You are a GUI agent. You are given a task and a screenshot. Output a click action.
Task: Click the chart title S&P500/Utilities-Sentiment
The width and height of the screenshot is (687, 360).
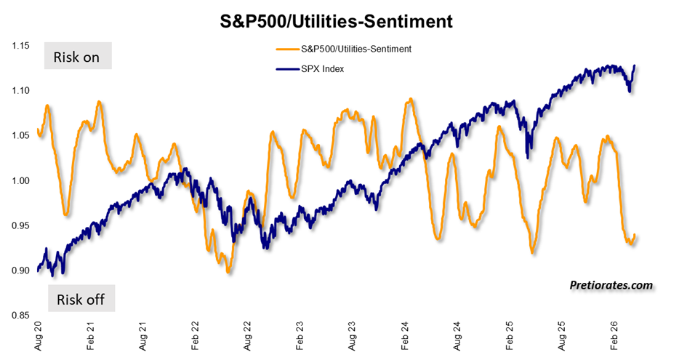point(337,22)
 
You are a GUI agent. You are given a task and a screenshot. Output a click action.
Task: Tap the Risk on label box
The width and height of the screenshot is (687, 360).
point(76,57)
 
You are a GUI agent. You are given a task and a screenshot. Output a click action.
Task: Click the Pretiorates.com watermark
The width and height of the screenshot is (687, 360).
point(611,285)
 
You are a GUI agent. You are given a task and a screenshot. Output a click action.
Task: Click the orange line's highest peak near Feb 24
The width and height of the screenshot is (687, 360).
point(411,99)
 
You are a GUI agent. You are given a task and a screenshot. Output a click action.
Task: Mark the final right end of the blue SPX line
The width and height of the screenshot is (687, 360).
point(634,65)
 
